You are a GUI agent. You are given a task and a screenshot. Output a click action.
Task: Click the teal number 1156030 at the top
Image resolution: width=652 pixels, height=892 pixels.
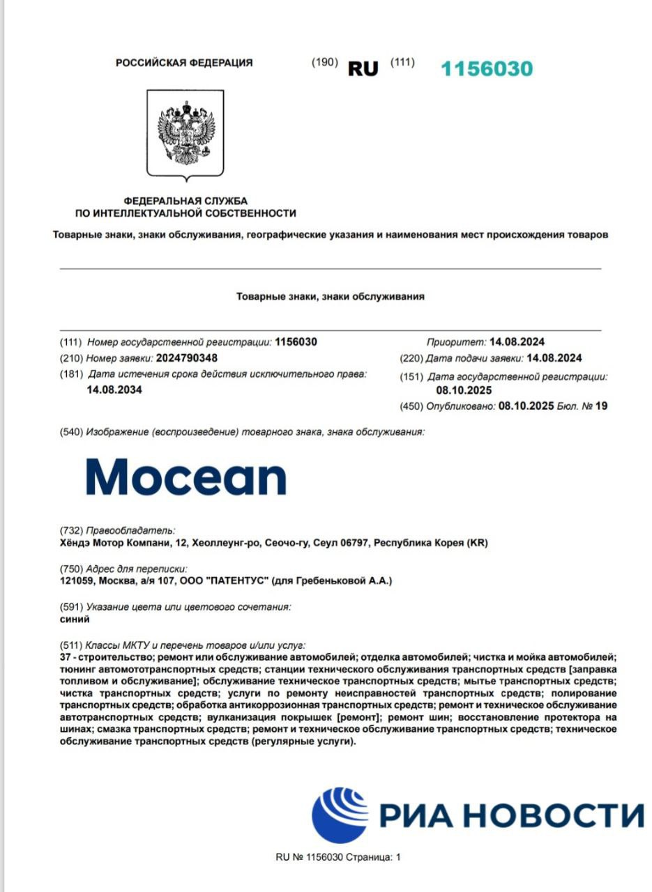pyautogui.click(x=487, y=68)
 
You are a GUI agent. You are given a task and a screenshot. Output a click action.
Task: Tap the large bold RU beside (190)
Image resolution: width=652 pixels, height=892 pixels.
pyautogui.click(x=363, y=69)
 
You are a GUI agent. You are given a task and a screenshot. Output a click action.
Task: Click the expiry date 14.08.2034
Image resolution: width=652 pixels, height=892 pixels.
pyautogui.click(x=114, y=390)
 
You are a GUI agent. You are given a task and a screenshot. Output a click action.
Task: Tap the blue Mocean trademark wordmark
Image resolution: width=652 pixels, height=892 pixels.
pyautogui.click(x=186, y=477)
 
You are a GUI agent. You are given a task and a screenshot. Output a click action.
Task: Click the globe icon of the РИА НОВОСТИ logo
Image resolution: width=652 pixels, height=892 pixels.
pyautogui.click(x=340, y=815)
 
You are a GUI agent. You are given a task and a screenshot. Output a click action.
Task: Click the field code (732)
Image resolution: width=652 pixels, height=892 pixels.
pyautogui.click(x=71, y=531)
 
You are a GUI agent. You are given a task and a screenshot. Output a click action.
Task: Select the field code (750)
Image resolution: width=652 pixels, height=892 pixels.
pyautogui.click(x=71, y=569)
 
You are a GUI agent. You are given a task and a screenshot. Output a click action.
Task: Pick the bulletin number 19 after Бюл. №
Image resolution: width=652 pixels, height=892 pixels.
pyautogui.click(x=601, y=406)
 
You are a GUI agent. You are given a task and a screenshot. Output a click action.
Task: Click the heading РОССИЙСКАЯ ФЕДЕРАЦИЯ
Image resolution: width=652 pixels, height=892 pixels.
pyautogui.click(x=184, y=63)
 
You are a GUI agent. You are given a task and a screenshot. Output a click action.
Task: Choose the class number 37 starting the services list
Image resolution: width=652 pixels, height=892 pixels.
pyautogui.click(x=67, y=656)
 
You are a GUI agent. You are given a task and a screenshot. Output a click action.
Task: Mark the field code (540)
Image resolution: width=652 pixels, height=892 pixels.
pyautogui.click(x=71, y=432)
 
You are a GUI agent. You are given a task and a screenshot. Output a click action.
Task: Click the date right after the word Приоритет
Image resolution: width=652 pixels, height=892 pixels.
pyautogui.click(x=517, y=341)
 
